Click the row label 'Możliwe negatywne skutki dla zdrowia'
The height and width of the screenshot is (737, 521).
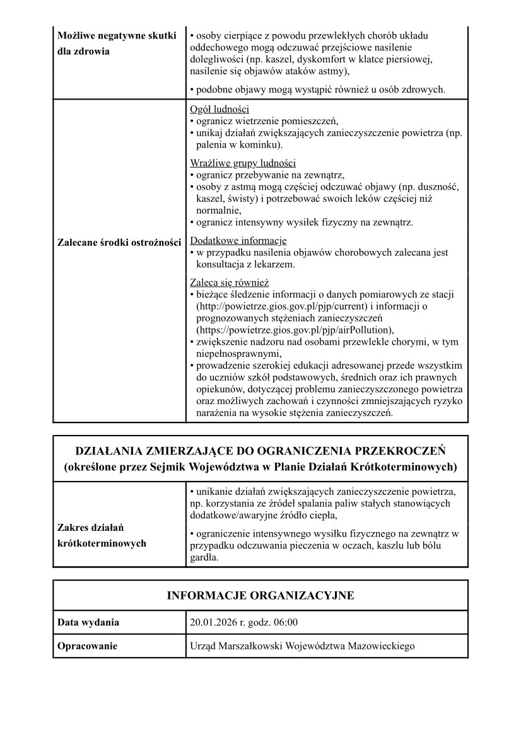[x=117, y=44]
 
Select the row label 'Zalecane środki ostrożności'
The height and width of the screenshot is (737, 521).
[x=119, y=242]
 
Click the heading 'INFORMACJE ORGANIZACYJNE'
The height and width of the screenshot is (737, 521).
[x=260, y=596]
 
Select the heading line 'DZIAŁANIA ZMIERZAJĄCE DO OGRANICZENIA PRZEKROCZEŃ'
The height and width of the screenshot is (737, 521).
[x=260, y=451]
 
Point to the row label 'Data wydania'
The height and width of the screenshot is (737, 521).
[x=88, y=623]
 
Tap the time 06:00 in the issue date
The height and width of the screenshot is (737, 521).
[x=285, y=623]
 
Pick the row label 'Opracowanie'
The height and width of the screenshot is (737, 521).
[x=87, y=646]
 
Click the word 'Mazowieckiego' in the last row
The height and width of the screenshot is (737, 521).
[x=382, y=646]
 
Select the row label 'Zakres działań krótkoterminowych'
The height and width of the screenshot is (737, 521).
[x=101, y=535]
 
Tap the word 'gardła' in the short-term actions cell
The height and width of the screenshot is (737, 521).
[x=203, y=557]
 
